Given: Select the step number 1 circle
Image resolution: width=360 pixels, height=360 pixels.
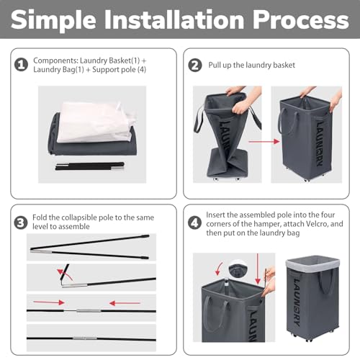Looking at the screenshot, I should pyautogui.click(x=22, y=66).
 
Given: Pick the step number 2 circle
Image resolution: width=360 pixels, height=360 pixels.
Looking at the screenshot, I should pyautogui.click(x=194, y=66).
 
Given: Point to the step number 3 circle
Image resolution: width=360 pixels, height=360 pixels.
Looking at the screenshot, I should pyautogui.click(x=22, y=221).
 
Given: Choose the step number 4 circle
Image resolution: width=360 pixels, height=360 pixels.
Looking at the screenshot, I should pyautogui.click(x=194, y=221).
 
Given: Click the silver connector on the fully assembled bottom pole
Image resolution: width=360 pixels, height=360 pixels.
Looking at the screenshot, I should pyautogui.click(x=84, y=337).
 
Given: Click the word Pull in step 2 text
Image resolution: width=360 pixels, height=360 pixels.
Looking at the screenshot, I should pyautogui.click(x=217, y=66).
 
